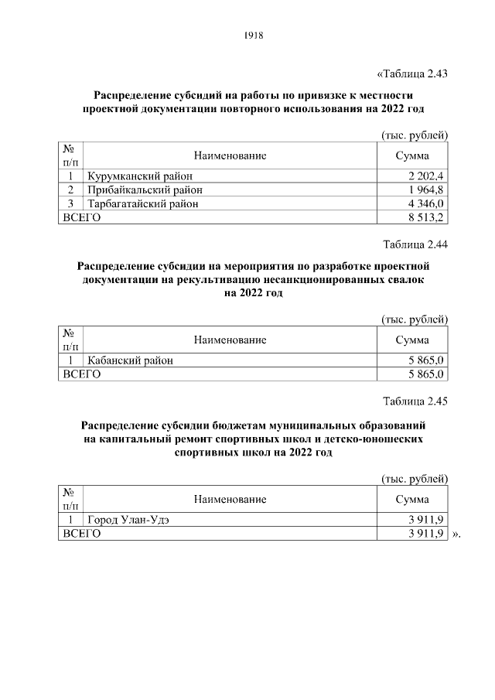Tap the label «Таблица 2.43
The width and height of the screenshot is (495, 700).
(x=412, y=74)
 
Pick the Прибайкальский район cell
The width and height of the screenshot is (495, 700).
(x=145, y=190)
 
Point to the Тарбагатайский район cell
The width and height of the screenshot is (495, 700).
(x=143, y=203)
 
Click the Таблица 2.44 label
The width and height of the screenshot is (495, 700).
(x=416, y=245)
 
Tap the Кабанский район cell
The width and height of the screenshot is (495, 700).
(x=130, y=360)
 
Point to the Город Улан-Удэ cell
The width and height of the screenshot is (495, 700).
(x=128, y=519)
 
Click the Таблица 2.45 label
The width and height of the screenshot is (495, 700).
(x=416, y=401)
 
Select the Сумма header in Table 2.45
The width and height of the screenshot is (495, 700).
(x=412, y=499)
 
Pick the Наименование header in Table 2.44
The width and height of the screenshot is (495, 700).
(x=230, y=340)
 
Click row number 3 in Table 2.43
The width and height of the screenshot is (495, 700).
(x=70, y=203)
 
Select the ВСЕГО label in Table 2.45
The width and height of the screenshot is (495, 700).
(x=82, y=533)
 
